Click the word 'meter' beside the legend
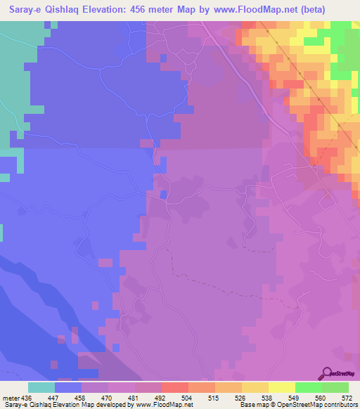pyautogui.click(x=12, y=397)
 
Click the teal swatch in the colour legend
pyautogui.click(x=41, y=387)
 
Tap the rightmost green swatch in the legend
pyautogui.click(x=335, y=387)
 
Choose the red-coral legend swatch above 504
pyautogui.click(x=174, y=387)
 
